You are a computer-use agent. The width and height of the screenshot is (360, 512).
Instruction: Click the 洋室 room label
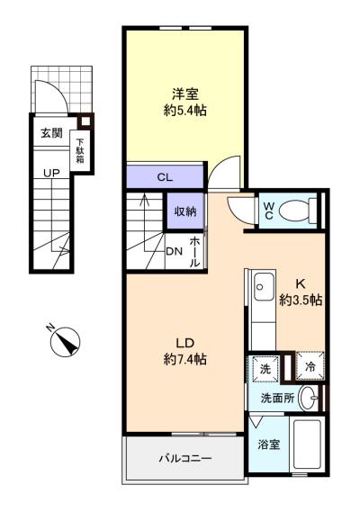[185, 94]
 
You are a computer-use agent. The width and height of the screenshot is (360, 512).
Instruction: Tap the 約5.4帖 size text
[185, 111]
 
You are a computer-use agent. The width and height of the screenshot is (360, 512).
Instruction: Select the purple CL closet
[165, 176]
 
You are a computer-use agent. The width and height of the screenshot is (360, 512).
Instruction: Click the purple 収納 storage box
[185, 211]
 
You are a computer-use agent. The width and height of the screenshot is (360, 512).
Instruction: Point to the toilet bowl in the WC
[294, 211]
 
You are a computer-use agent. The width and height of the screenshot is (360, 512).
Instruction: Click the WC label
[268, 211]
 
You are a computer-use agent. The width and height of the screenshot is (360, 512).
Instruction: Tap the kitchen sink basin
[264, 287]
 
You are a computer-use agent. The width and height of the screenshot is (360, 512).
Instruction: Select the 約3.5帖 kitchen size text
[301, 300]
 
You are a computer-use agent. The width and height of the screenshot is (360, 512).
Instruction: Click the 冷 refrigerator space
[310, 366]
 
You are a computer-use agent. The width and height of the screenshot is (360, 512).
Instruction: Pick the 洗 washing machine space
[265, 369]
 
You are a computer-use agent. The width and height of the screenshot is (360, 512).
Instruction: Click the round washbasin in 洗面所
[309, 398]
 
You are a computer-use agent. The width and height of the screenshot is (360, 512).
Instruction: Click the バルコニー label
[185, 458]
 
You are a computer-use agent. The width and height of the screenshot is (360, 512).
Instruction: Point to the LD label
[185, 343]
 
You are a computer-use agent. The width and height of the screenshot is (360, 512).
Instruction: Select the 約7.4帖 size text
[185, 359]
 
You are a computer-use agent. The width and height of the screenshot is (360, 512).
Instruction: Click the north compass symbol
[65, 341]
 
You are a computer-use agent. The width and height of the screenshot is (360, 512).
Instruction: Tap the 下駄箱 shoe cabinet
[79, 151]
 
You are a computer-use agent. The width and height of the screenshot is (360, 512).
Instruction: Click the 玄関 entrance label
[51, 133]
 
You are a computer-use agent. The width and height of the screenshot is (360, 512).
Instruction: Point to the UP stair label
[51, 173]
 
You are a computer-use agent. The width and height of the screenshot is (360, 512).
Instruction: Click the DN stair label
[174, 251]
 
